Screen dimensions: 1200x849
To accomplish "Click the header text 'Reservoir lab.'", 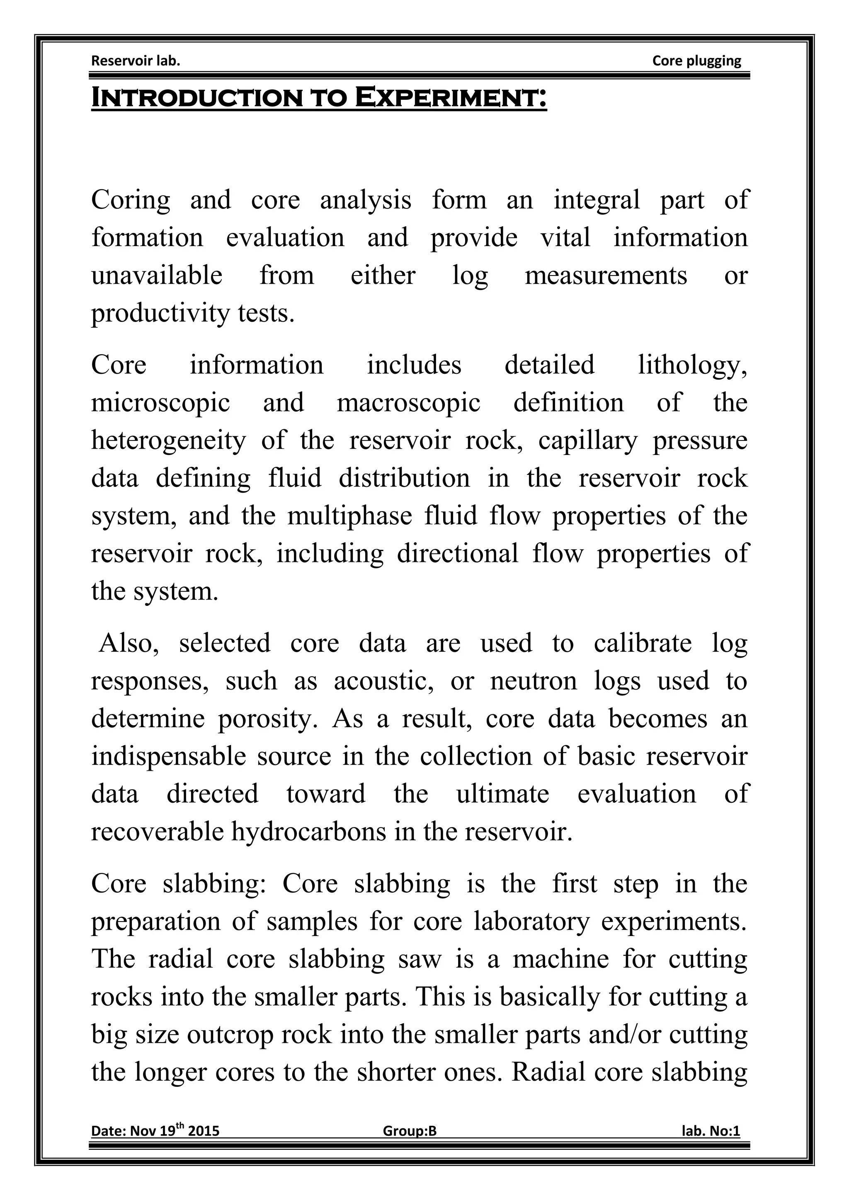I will [136, 60].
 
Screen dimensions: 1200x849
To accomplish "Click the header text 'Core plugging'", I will [696, 60].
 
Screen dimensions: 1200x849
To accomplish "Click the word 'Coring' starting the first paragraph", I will [131, 201].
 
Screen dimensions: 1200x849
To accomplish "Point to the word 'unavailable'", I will [157, 276].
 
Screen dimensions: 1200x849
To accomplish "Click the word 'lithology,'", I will [692, 365].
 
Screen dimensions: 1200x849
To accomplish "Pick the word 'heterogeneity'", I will [168, 440].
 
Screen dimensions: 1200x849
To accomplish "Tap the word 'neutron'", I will [533, 681].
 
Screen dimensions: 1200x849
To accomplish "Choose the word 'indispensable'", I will [168, 757].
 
